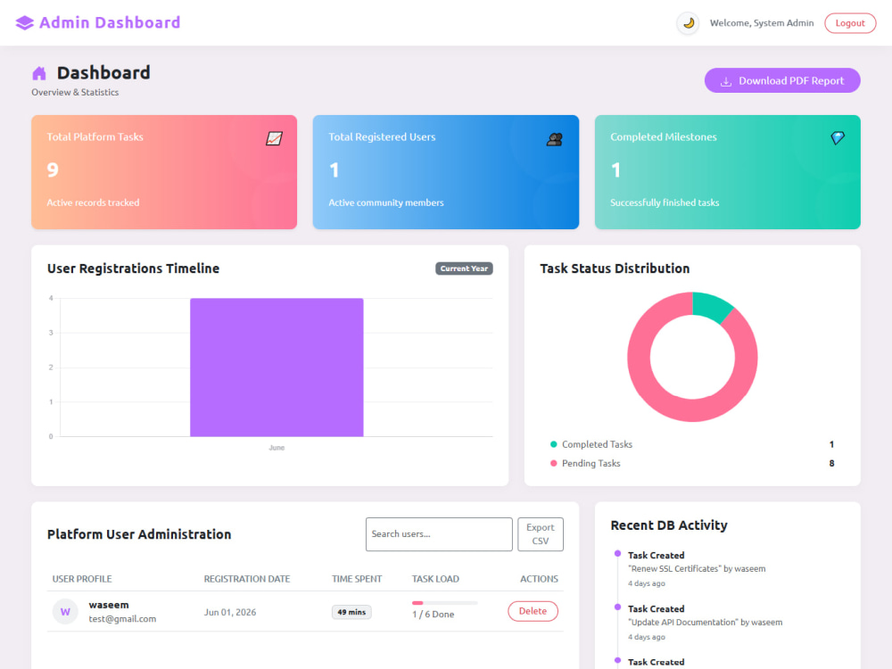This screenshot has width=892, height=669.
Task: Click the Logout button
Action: coord(850,23)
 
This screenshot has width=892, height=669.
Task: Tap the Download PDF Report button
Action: coord(782,81)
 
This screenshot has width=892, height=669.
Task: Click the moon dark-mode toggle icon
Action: coord(689,23)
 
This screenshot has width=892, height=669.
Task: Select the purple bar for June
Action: coord(277,368)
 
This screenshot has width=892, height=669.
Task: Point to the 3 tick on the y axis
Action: coord(51,333)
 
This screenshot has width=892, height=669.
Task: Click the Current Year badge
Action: coord(464,268)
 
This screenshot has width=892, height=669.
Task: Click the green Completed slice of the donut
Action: coord(711,305)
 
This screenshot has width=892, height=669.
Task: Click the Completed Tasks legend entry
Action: coord(591,444)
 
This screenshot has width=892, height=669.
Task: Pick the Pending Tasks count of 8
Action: coord(831,464)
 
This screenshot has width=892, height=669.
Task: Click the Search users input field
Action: coord(439,534)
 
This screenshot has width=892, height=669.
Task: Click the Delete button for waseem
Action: coord(533,611)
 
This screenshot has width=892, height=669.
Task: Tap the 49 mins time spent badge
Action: coord(351,612)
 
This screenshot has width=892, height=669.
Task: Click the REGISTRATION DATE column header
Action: coord(247,579)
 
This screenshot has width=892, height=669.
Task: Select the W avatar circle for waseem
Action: coord(65,612)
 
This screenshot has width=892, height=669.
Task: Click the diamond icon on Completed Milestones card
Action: coord(838,137)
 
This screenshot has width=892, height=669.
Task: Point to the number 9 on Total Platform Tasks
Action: coord(53,169)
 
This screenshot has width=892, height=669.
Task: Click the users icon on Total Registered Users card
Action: coord(555,139)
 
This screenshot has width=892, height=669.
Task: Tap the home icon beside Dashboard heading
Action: coord(39,73)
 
